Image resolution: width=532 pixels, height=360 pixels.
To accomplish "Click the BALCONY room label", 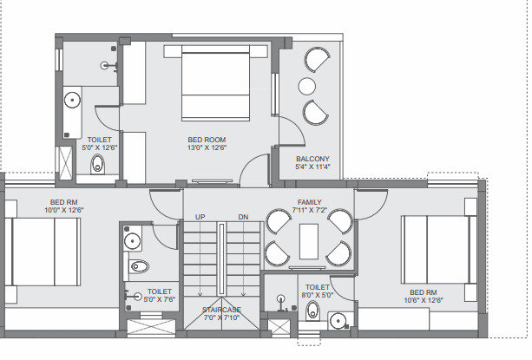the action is [312, 159].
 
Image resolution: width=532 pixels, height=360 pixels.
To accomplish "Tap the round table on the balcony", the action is [307, 86].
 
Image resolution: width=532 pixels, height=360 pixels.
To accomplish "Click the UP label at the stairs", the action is [200, 217].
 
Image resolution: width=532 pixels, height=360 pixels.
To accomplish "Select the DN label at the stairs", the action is [243, 217].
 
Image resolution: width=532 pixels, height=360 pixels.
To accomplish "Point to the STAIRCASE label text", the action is [221, 310].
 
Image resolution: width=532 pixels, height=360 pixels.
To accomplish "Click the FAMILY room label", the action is [310, 202].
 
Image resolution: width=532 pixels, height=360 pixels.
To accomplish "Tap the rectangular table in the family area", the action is [309, 241].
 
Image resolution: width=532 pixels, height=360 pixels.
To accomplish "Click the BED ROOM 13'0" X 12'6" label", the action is [207, 144].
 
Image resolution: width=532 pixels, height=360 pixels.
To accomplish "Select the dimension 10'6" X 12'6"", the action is [424, 300].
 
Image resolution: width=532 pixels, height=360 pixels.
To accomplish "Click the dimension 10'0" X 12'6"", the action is [63, 210].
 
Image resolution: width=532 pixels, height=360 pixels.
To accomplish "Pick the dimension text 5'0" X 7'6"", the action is [160, 299].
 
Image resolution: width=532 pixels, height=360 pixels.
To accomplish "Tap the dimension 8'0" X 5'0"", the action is [318, 295].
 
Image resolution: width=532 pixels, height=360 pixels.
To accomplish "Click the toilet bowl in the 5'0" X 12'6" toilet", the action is [98, 164].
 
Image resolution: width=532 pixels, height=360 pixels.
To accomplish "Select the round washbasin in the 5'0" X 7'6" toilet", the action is [132, 241].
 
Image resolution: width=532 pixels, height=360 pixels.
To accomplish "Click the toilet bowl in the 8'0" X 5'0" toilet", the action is [312, 311].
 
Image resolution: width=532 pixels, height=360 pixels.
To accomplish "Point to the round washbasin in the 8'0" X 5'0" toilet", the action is [338, 320].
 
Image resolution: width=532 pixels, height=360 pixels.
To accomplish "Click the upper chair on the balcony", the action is [317, 59].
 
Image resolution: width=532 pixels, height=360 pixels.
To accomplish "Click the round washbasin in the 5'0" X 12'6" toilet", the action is [72, 100].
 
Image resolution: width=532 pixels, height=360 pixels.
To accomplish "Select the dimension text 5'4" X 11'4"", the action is [312, 167].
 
